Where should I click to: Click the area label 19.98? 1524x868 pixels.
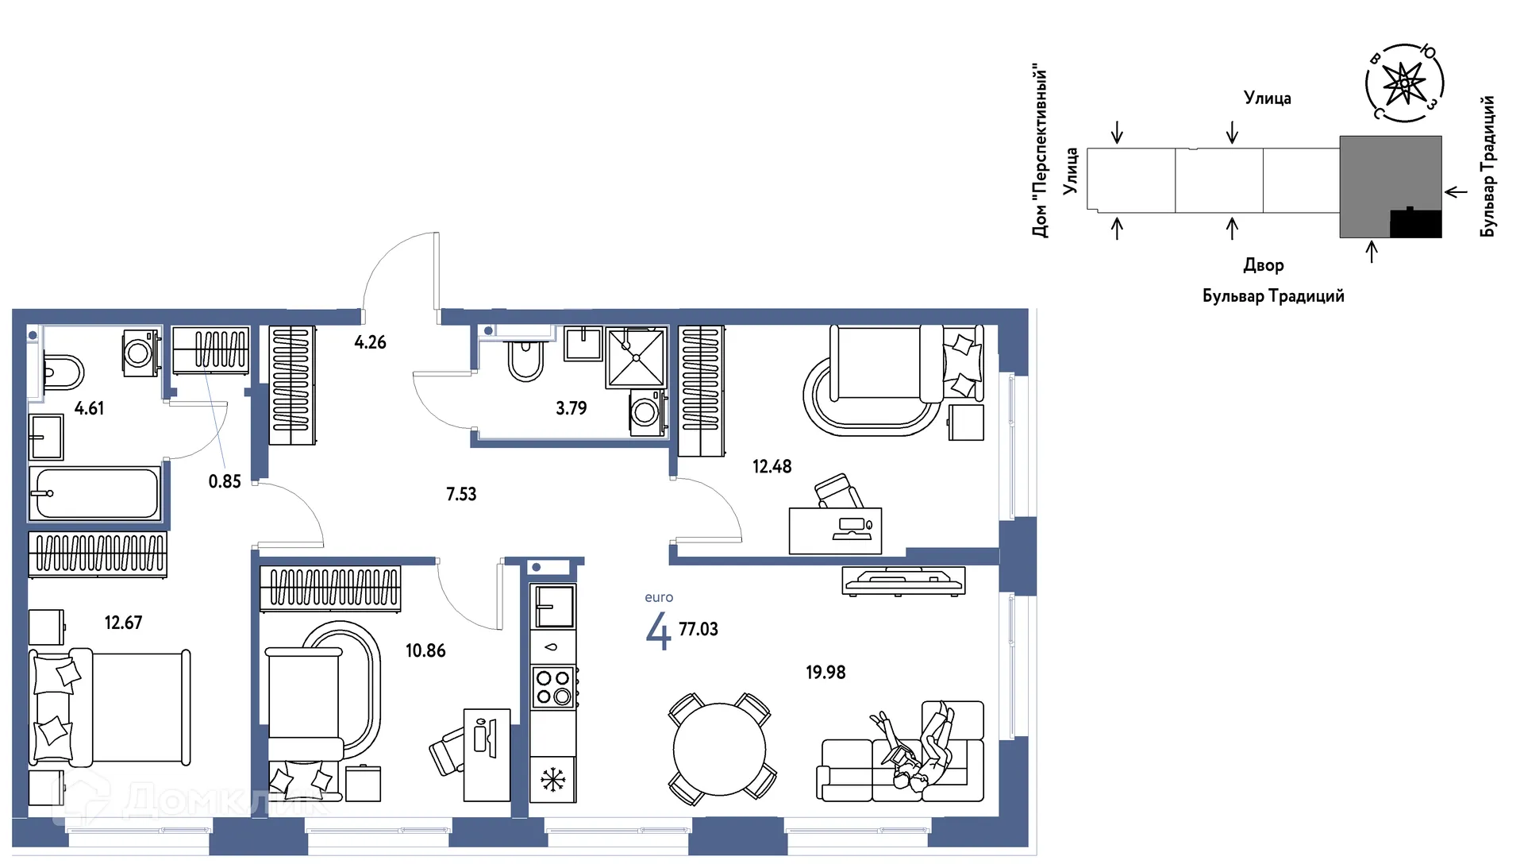click(x=825, y=673)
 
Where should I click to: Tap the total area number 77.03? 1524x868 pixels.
click(x=698, y=629)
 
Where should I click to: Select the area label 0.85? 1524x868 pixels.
click(x=225, y=481)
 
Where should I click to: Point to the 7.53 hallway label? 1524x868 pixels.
click(x=461, y=494)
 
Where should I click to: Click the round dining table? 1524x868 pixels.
click(x=719, y=749)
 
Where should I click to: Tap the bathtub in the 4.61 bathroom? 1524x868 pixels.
click(x=95, y=493)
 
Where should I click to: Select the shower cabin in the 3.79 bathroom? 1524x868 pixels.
click(x=636, y=357)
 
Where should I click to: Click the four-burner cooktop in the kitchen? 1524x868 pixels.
click(x=553, y=687)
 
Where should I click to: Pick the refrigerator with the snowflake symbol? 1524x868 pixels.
click(x=553, y=779)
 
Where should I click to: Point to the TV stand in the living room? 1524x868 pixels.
click(x=904, y=581)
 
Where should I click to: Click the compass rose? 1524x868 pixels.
click(x=1404, y=83)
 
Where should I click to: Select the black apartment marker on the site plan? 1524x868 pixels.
click(x=1416, y=223)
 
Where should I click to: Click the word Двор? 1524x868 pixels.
click(x=1264, y=265)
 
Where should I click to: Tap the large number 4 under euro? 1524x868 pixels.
click(x=658, y=631)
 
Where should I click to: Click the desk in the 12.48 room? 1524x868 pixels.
click(x=835, y=530)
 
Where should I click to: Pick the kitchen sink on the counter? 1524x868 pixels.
click(x=553, y=608)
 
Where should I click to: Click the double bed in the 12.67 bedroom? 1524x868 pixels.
click(x=110, y=708)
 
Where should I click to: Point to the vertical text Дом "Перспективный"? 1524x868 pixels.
click(x=1040, y=151)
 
